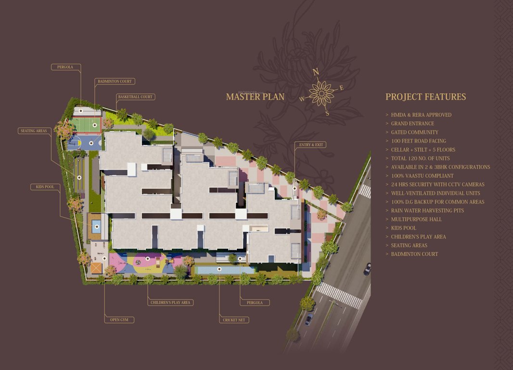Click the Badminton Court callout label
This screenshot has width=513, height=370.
(114, 81)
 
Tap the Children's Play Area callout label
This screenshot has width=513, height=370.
(170, 303)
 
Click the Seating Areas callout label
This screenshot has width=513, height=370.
(33, 131)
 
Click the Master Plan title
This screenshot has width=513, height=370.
(255, 97)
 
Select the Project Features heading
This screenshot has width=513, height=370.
(425, 97)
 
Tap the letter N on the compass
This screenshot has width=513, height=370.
(316, 72)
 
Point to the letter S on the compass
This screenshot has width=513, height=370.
(327, 113)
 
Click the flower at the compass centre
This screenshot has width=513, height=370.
(321, 92)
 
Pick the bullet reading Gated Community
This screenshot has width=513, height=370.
(414, 132)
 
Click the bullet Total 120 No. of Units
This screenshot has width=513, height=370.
(420, 159)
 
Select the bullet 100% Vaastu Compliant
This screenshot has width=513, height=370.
(422, 176)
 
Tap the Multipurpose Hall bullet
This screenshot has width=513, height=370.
(416, 219)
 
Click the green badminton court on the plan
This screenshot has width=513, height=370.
(87, 125)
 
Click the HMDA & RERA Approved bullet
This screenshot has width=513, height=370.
(421, 115)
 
